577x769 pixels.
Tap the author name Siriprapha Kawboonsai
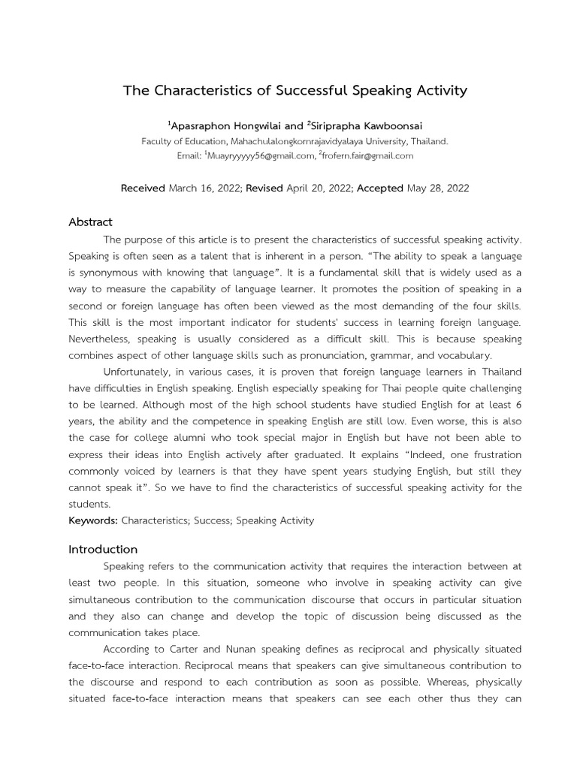coord(361,126)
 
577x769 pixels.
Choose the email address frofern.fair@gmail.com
coord(368,155)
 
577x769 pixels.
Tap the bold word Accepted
coord(379,188)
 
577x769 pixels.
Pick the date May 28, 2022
coord(438,188)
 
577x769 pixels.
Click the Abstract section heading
coord(90,222)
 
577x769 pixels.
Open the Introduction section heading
coord(103,549)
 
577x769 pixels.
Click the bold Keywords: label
coord(93,520)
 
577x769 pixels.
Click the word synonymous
coord(110,272)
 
